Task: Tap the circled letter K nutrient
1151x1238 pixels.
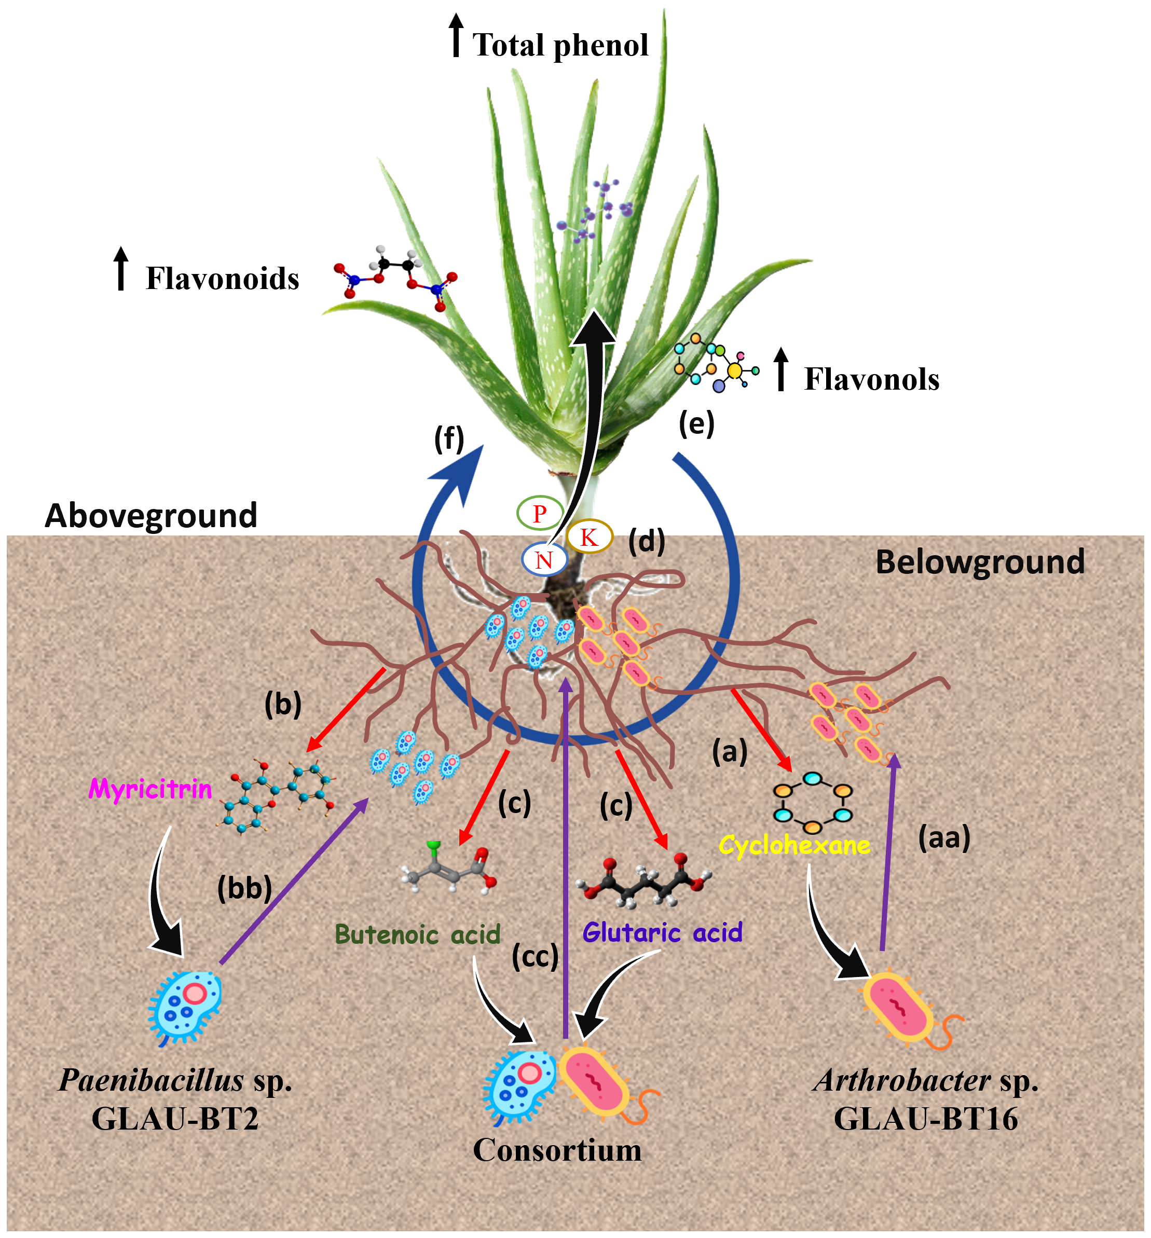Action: [x=589, y=537]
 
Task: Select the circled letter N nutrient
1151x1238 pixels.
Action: [x=544, y=560]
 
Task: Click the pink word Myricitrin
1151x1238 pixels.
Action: [x=150, y=790]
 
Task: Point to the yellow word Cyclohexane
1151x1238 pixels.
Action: [x=794, y=846]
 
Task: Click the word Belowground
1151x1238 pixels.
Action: [x=980, y=562]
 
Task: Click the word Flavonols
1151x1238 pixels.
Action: [x=871, y=379]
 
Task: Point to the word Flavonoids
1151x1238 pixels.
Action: [x=222, y=278]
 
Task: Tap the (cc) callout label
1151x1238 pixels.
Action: [x=535, y=957]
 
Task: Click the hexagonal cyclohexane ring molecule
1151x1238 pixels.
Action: [x=812, y=803]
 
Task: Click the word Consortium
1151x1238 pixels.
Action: [x=557, y=1150]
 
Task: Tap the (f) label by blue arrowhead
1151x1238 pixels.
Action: [x=449, y=439]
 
